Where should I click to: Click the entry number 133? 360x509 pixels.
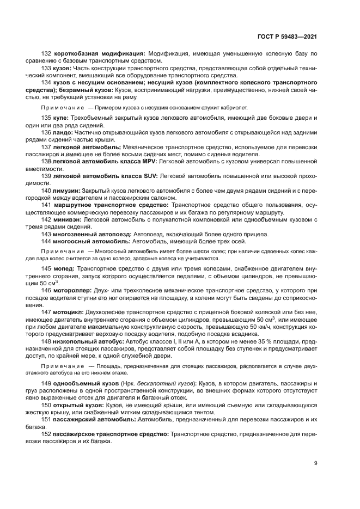(47, 69)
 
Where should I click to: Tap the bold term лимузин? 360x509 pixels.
(68, 191)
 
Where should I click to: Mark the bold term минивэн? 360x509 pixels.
(68, 219)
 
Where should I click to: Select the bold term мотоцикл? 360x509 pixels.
(69, 312)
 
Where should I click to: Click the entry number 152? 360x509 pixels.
(47, 434)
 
